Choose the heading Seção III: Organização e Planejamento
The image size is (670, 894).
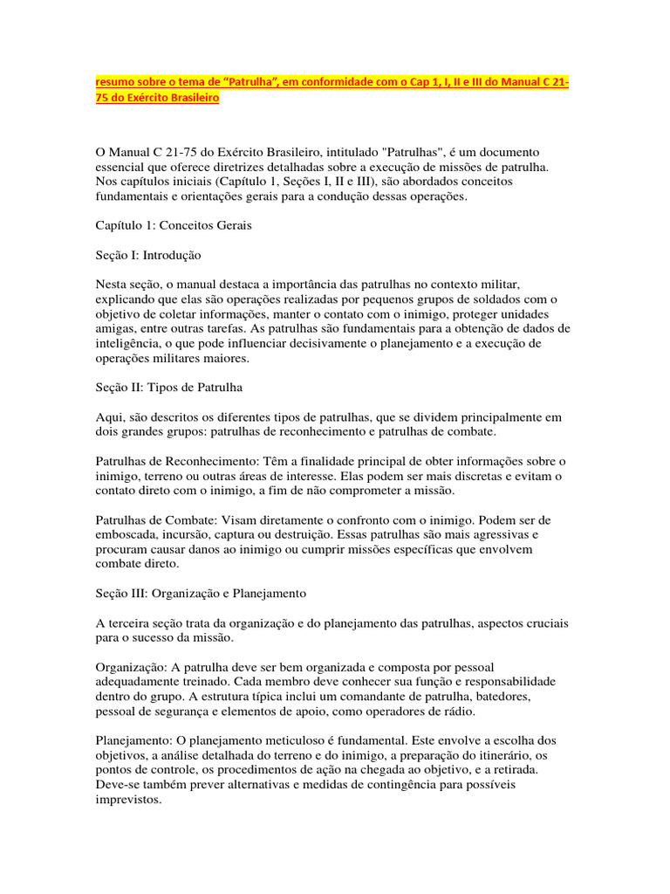(x=200, y=593)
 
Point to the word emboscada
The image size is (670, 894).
(x=128, y=534)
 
